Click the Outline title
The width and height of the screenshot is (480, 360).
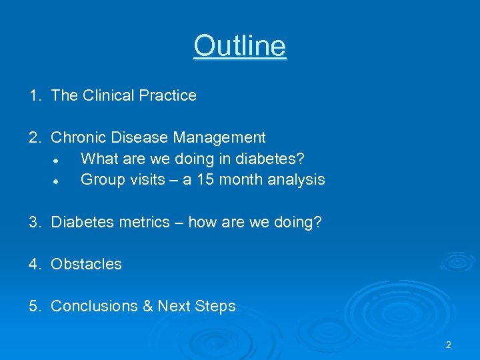[240, 46]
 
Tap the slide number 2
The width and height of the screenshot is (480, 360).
[448, 345]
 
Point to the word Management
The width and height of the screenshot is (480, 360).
[219, 137]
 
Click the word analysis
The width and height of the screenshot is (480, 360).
[297, 179]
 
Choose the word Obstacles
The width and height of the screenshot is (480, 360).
[86, 264]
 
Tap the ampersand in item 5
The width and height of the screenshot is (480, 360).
[147, 306]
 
